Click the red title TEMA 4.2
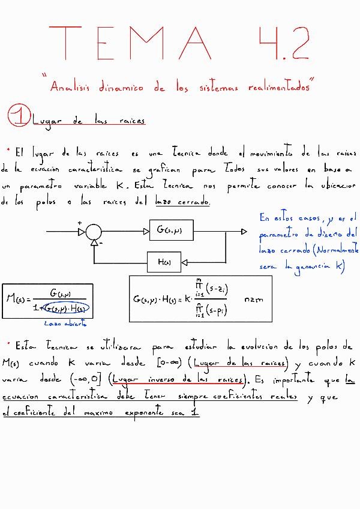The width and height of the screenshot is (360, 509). pos(180,43)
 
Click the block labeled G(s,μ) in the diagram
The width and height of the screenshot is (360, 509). pos(169,230)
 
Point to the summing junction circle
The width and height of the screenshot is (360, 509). pos(93,231)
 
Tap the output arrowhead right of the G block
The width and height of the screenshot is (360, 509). pos(243,231)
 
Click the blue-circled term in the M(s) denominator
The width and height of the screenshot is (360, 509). pos(67,309)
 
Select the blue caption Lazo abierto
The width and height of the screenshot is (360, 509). pos(65,323)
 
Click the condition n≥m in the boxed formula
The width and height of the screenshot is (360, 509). pos(254,299)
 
